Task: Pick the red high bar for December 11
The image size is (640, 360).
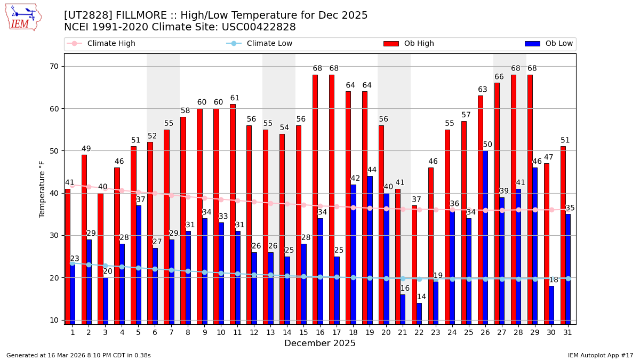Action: coord(233,214)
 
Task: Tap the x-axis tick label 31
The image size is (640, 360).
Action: coord(568,332)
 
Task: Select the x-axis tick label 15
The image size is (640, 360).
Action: coord(303,332)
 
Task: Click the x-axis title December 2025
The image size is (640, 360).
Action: coord(320,343)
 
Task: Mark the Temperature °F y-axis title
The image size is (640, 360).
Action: coord(42,189)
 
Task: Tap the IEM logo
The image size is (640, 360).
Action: coord(23,18)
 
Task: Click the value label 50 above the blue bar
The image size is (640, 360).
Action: coord(487,145)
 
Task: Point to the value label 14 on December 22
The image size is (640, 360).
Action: coord(421,297)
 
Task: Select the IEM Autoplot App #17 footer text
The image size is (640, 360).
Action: coord(601,355)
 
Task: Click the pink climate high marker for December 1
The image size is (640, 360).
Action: coord(73,185)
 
